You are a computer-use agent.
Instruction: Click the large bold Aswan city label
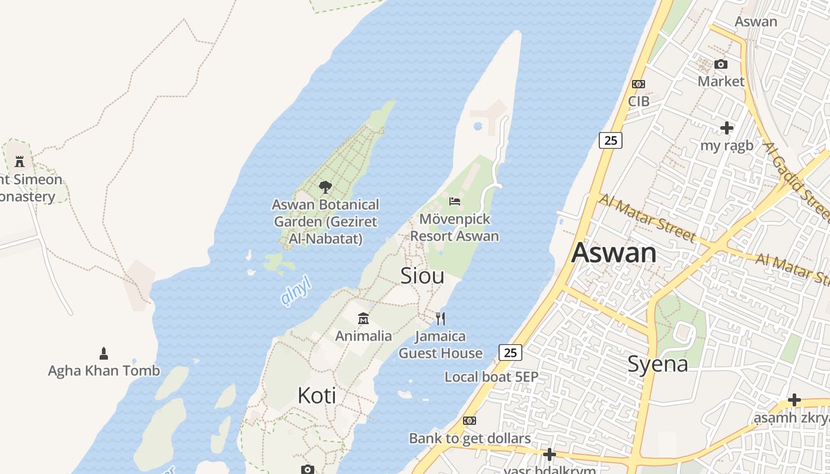pos(614,253)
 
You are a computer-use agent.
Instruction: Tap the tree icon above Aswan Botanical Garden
pos(325,187)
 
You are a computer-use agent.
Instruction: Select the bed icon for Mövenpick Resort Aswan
pos(455,201)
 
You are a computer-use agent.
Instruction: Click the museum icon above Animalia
pos(363,319)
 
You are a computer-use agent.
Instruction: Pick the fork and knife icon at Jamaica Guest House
pos(440,319)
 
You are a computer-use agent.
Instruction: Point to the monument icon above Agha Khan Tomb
pos(104,354)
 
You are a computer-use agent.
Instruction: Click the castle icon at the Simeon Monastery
pos(20,161)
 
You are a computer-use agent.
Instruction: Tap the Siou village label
pos(422,276)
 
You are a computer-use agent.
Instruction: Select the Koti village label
pos(317,395)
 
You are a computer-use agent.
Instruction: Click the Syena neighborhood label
pos(657,364)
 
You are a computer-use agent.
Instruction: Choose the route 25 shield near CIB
pos(610,140)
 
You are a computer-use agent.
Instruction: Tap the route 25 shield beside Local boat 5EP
pos(510,353)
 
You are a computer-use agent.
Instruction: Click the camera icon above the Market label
pos(721,64)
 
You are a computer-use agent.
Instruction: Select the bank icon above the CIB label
pos(639,84)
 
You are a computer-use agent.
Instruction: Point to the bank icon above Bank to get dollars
pos(470,421)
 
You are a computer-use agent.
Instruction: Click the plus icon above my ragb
pos(726,128)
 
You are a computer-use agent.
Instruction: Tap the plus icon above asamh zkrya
pos(794,400)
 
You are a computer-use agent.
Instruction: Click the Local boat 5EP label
pos(491,377)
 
